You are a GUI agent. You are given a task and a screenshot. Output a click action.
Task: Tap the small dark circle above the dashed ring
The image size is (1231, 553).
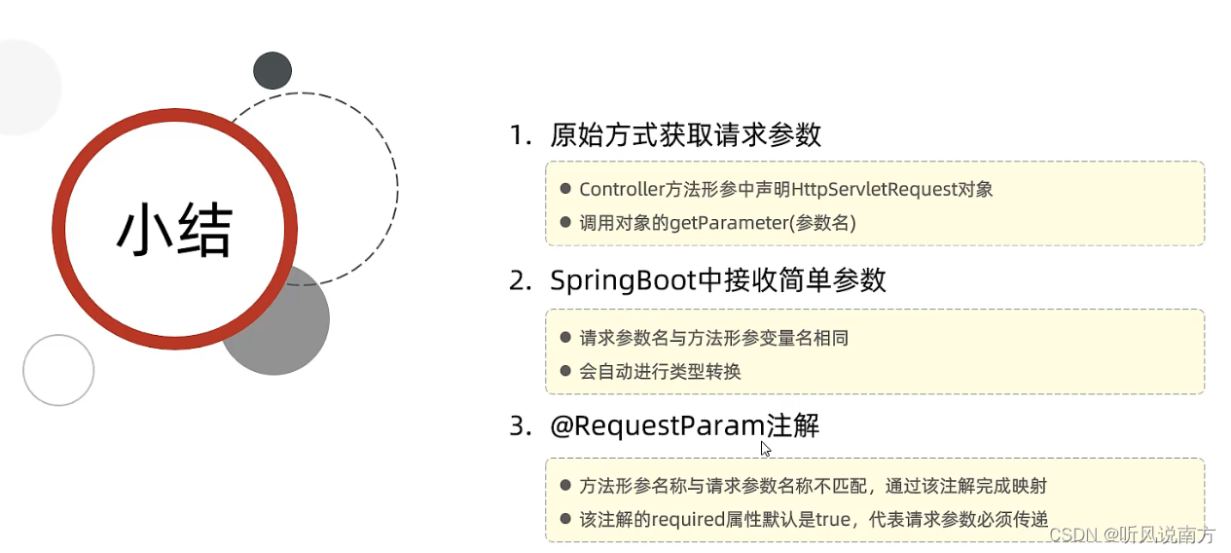272,71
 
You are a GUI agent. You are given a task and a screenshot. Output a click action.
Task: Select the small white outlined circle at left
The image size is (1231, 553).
58,370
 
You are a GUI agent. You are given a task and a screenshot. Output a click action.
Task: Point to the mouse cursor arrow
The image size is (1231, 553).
766,449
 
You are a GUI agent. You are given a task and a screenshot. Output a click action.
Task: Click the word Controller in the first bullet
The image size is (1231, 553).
621,190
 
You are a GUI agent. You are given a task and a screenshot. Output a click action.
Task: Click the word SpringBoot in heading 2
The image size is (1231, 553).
624,280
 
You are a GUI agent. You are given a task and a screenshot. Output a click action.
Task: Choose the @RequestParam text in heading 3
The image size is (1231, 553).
658,426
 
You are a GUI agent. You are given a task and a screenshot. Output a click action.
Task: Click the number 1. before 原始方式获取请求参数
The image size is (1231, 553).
521,135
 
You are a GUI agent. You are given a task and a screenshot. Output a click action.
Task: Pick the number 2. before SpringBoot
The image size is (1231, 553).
521,280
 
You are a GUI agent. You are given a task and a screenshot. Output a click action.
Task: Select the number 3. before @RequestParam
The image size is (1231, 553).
521,426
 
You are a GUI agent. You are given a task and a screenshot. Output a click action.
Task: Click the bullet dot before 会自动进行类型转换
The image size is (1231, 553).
565,370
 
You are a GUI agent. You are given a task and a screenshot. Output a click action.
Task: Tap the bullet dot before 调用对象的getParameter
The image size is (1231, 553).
565,222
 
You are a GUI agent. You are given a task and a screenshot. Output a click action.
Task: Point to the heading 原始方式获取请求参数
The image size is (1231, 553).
685,135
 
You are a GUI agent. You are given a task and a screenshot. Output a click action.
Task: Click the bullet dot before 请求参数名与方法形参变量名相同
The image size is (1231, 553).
565,337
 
